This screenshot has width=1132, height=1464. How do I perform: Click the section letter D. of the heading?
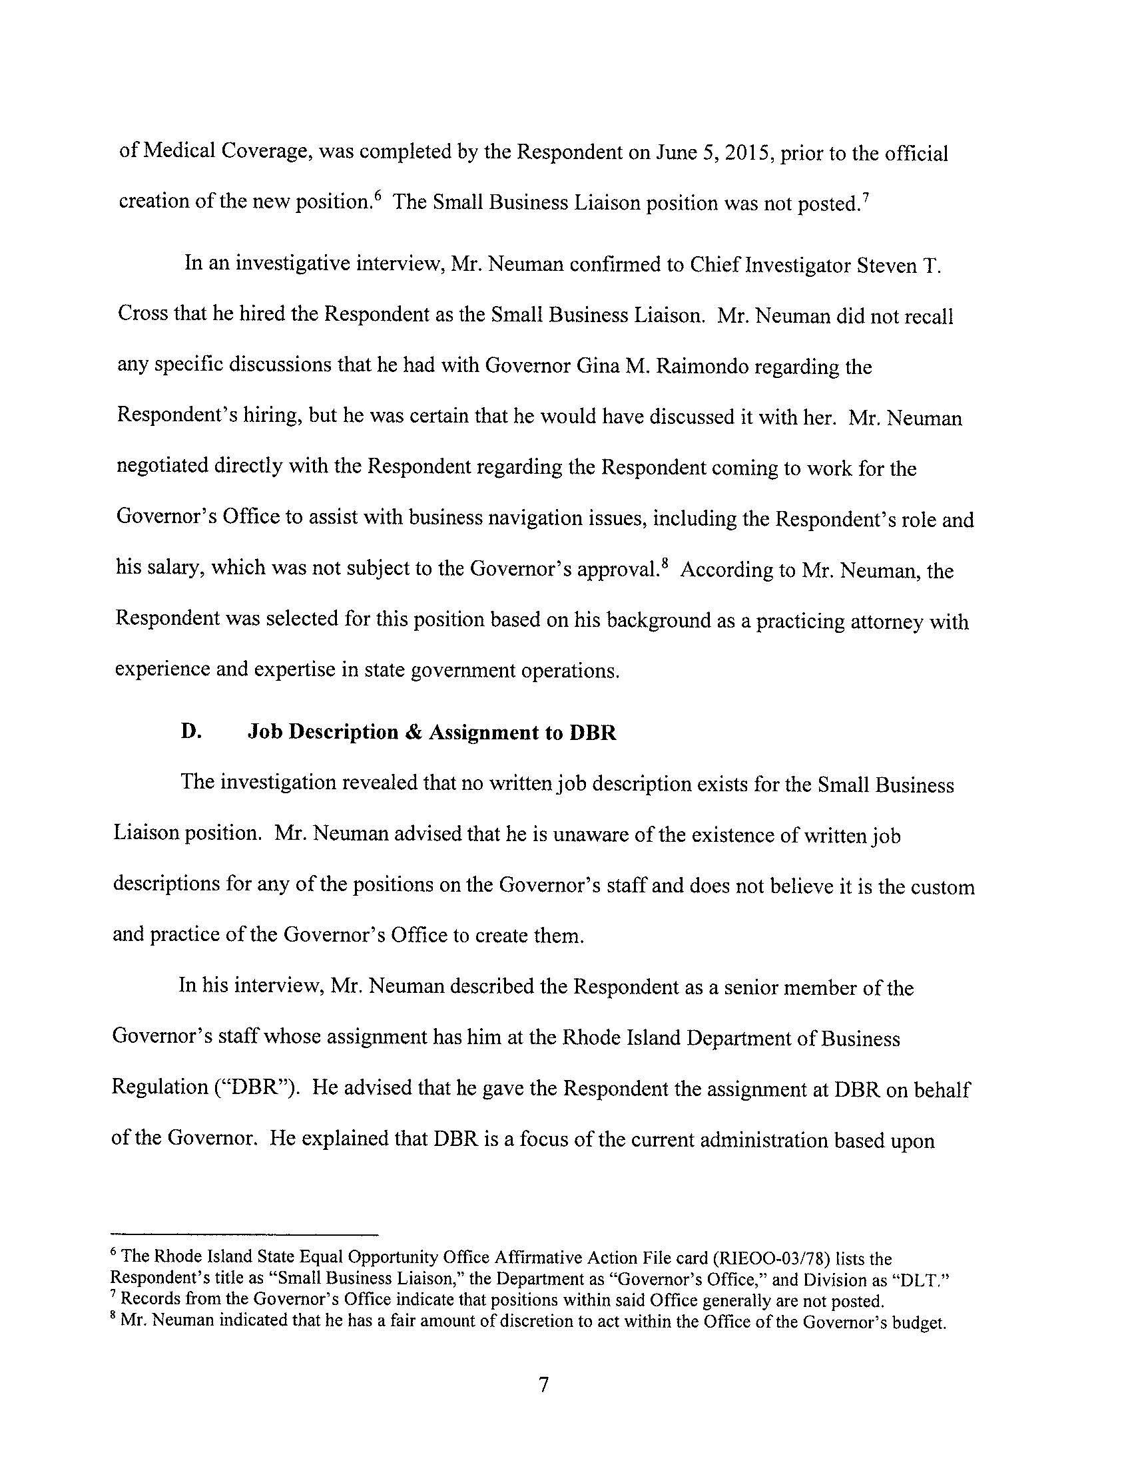pos(191,731)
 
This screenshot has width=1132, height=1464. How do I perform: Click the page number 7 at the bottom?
pos(543,1384)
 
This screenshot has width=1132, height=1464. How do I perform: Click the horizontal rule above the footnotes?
pos(245,1234)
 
